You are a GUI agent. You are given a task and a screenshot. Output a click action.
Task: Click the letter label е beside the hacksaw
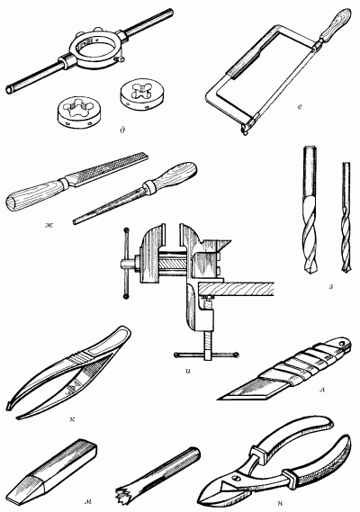coord(300,106)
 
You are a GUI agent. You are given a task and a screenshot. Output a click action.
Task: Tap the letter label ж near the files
coord(49,225)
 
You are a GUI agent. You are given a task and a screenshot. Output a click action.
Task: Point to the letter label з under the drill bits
coord(331,287)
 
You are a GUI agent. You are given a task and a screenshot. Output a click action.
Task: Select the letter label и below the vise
coord(187,371)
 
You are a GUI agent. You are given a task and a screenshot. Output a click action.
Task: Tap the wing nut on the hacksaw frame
coord(244,129)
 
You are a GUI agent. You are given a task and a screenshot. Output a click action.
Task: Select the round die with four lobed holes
coord(139,94)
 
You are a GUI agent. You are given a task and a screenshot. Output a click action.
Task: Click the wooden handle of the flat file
coord(34,195)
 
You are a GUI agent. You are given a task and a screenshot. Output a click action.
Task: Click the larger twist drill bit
coord(310,210)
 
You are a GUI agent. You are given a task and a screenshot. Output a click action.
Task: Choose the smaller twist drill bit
coord(346,217)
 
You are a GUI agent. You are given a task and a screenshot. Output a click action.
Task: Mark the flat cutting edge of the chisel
coord(13,499)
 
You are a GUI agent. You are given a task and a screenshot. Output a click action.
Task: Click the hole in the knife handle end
coord(342,343)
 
